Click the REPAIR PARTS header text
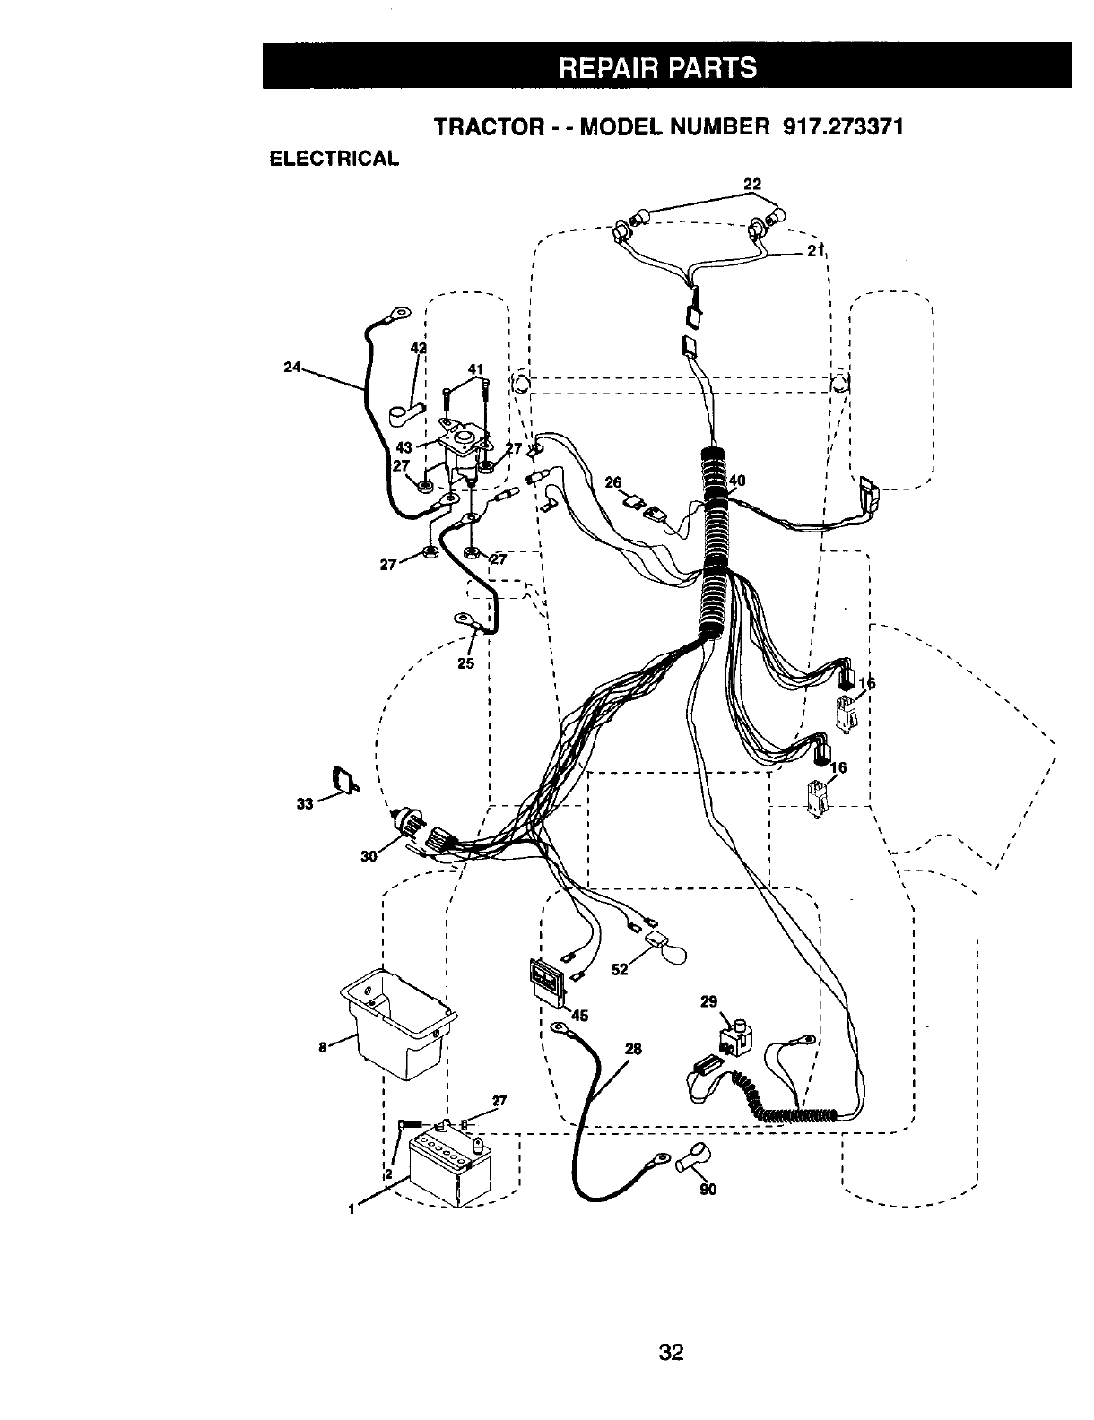[x=666, y=67]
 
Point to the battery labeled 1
[x=443, y=1169]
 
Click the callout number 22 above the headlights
[x=752, y=185]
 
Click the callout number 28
[x=634, y=1049]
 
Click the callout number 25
[x=465, y=663]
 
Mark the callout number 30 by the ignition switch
[x=369, y=856]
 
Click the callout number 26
[x=612, y=483]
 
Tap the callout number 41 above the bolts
[x=475, y=368]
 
